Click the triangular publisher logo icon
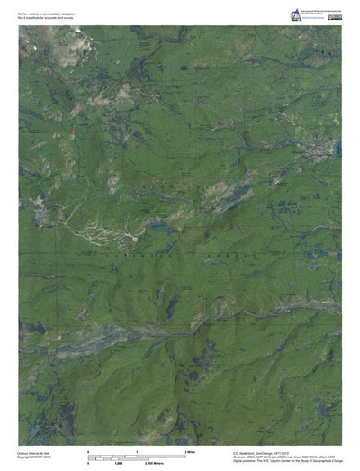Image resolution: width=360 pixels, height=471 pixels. pyautogui.click(x=295, y=14)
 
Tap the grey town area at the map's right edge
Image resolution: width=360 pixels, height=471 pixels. pyautogui.click(x=319, y=144)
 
